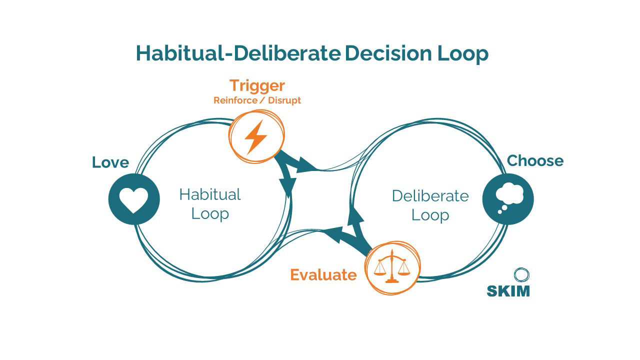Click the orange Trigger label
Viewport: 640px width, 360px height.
[x=257, y=85]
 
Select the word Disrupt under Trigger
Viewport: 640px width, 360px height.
[x=284, y=100]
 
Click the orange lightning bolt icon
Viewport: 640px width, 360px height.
[x=256, y=136]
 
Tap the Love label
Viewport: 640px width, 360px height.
[x=110, y=162]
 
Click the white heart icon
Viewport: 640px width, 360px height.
[x=134, y=199]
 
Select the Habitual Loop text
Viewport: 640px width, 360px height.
[x=210, y=203]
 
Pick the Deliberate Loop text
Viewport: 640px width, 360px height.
[x=430, y=205]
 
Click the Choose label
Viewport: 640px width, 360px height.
[x=535, y=160]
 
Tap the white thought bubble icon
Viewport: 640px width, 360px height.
[x=508, y=198]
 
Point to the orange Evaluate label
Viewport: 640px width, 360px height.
[x=323, y=275]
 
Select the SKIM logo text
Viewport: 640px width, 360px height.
[x=508, y=290]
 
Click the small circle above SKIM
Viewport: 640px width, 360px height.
[x=521, y=274]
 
